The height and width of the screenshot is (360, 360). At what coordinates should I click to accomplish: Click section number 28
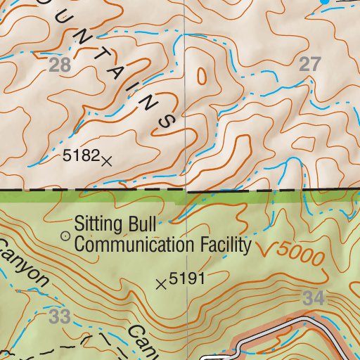pos(61,66)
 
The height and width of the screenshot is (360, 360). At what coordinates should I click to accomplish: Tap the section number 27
pos(309,65)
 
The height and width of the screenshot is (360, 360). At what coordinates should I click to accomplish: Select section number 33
pos(60,317)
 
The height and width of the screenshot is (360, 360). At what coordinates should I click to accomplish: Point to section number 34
pos(315,298)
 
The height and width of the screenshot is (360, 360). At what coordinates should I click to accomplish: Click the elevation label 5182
pos(79,157)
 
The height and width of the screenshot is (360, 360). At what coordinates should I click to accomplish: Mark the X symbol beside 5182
pos(106,160)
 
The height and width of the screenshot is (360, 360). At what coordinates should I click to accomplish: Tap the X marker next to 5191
pos(161,284)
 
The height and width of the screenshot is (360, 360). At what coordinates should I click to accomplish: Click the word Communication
pos(134,245)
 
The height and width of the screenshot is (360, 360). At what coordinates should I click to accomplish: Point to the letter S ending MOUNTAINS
pos(167,121)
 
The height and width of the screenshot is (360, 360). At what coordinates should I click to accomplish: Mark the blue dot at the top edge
pos(325,2)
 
